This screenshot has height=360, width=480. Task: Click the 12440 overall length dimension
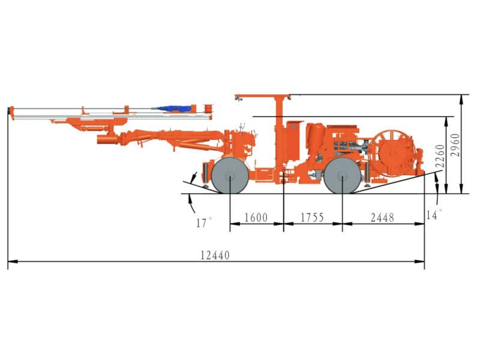click(x=215, y=255)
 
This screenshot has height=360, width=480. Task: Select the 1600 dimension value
click(x=257, y=217)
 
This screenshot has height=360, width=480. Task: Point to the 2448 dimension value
click(x=382, y=217)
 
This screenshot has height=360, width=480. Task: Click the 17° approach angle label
click(x=204, y=223)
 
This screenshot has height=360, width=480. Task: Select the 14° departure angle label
click(x=433, y=214)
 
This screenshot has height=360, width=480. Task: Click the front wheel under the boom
click(x=230, y=176)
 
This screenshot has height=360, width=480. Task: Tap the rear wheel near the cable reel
click(x=343, y=176)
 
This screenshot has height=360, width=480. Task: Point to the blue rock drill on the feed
click(x=174, y=109)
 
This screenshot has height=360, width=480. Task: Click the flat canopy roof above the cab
click(x=263, y=95)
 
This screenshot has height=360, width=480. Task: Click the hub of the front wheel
click(x=230, y=176)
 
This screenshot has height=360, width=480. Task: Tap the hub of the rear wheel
click(x=343, y=176)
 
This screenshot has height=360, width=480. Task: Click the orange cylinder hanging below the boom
click(x=107, y=140)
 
